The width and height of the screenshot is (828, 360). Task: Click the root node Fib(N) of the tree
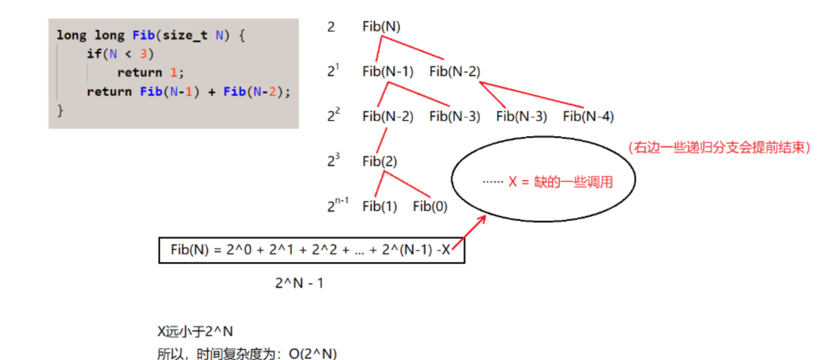tap(381, 27)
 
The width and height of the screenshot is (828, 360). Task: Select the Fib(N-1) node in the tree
tap(387, 72)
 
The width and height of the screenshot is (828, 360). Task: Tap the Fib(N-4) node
tap(588, 117)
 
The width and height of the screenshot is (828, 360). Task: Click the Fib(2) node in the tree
tap(380, 162)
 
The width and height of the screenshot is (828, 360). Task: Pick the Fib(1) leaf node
tap(380, 206)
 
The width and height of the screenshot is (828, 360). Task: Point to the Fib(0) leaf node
tap(430, 206)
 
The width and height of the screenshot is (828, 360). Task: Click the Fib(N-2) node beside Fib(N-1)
tap(454, 72)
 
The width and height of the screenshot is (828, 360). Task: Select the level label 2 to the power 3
tap(333, 160)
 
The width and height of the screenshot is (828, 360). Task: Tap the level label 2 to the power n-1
tap(337, 205)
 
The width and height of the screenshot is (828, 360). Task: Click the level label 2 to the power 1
tap(333, 70)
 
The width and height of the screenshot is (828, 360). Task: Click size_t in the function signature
tap(185, 35)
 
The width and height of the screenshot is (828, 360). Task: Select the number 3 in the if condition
tap(143, 54)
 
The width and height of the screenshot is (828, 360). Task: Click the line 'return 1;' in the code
tap(150, 73)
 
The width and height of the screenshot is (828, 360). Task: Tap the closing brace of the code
tap(60, 110)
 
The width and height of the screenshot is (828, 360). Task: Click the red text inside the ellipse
tap(560, 182)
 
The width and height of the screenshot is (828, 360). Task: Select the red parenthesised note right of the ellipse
tap(719, 148)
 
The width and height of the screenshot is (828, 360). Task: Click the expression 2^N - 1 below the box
tap(299, 283)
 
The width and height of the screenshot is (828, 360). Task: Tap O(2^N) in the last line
tap(313, 354)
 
